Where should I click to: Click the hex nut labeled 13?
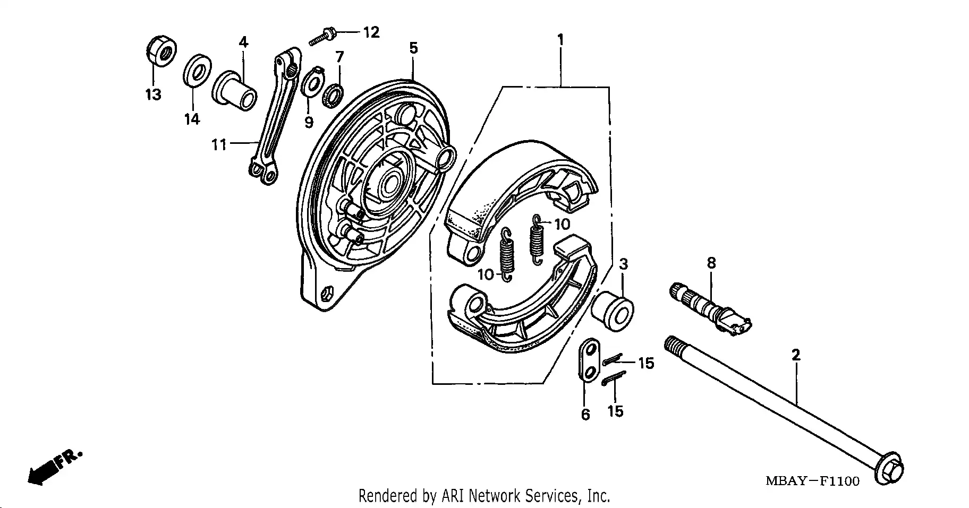tap(160, 51)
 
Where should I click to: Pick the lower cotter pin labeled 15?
tap(614, 378)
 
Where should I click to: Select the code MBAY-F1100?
tap(812, 481)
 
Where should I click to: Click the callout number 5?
tap(413, 48)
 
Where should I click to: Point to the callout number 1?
tap(560, 40)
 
